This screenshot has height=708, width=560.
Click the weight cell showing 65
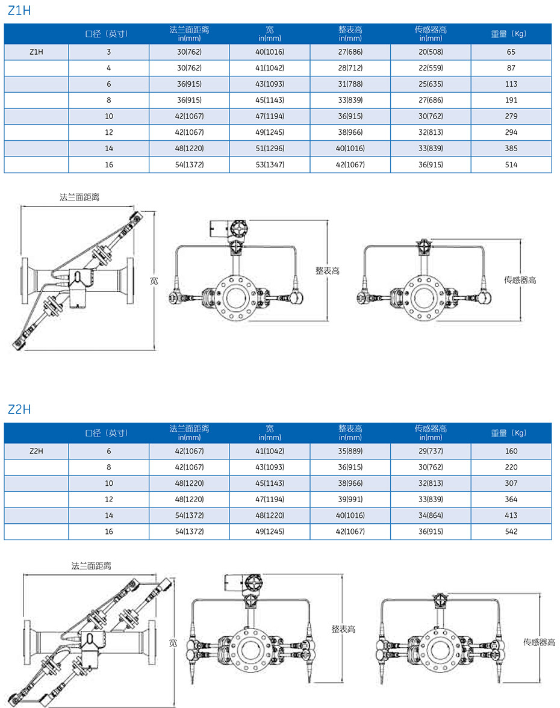511,52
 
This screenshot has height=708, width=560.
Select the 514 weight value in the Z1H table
511,164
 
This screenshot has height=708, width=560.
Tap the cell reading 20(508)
431,52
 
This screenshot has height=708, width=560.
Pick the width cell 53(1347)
270,164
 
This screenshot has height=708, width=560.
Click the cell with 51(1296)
270,148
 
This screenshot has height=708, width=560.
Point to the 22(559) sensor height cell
431,68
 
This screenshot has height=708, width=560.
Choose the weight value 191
511,100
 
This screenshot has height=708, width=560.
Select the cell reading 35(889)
350,451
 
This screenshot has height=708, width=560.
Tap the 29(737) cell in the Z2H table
431,451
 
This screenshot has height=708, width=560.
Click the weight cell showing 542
511,532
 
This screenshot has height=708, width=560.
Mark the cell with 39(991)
350,499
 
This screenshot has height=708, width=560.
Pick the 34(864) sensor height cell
431,515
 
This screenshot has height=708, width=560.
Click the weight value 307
511,483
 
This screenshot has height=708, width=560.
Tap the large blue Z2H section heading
19,409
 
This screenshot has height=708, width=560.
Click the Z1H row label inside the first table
36,52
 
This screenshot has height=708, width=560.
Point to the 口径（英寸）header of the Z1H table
108,34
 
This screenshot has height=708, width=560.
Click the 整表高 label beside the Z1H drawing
328,271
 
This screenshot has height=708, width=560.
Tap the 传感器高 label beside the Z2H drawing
539,642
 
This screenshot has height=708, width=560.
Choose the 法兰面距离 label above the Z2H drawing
91,566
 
